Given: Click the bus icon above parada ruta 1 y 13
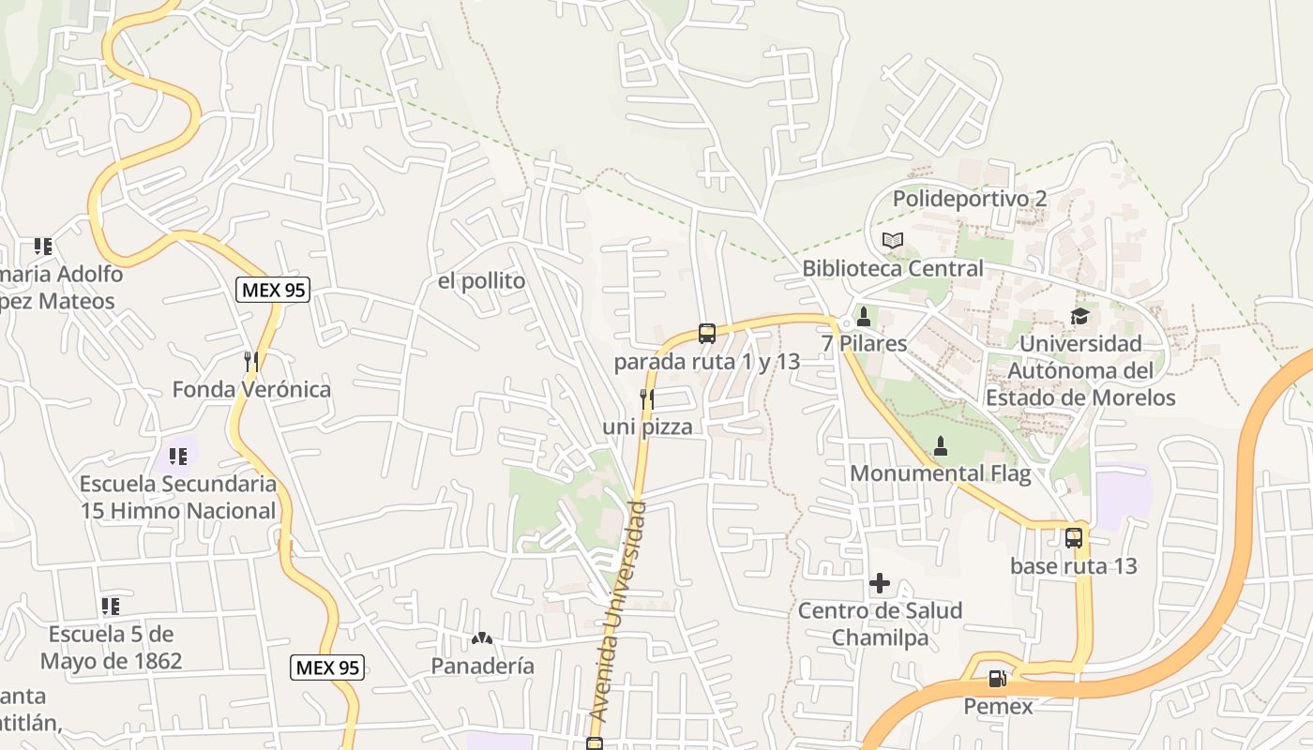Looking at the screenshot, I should click(x=707, y=333).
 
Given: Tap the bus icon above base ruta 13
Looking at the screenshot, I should click(x=1074, y=538).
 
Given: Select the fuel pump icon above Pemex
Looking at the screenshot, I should click(x=997, y=678).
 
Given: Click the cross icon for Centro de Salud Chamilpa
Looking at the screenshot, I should click(x=879, y=583).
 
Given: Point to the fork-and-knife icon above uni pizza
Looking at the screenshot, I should click(x=646, y=399).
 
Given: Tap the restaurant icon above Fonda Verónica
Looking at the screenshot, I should click(x=250, y=361).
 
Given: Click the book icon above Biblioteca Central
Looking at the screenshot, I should click(x=893, y=241).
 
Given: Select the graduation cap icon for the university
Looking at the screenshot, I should click(x=1080, y=316).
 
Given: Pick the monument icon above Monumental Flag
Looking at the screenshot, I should click(x=941, y=446).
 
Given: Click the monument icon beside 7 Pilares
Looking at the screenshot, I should click(x=864, y=317).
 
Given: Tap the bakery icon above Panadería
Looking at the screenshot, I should click(x=482, y=638).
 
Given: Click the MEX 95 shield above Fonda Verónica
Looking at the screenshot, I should click(x=272, y=290).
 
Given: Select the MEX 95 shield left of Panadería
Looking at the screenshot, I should click(x=326, y=667).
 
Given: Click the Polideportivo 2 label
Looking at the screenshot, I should click(x=970, y=199).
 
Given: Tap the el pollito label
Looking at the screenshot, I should click(x=481, y=281).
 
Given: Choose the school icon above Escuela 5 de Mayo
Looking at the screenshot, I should click(x=111, y=607).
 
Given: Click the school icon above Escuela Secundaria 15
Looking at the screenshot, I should click(x=177, y=457).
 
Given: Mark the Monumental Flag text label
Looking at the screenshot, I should click(x=940, y=473).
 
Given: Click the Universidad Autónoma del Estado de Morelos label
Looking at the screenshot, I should click(x=1080, y=370).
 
